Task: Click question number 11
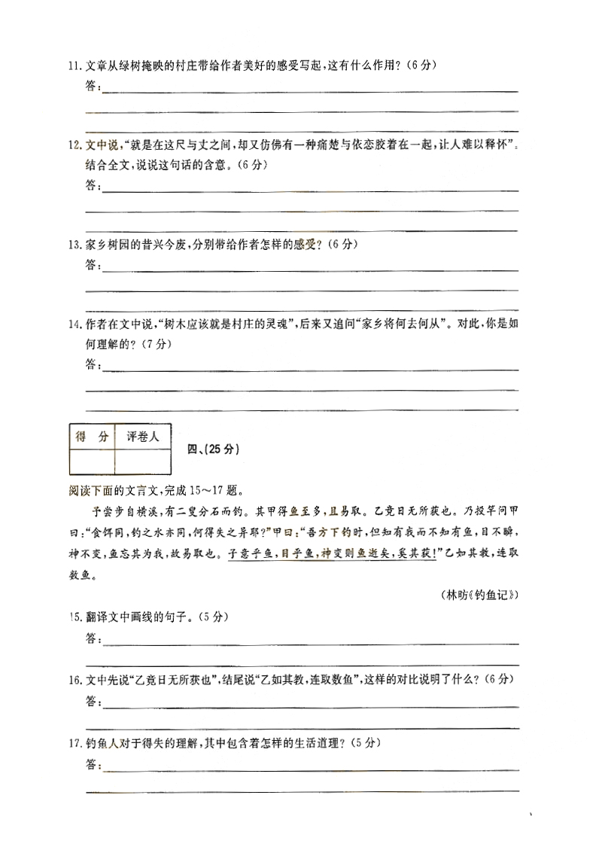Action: click(74, 66)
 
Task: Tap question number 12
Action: click(74, 145)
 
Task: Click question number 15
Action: click(74, 617)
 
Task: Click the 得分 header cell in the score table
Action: click(92, 437)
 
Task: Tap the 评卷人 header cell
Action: click(143, 437)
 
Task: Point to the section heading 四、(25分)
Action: click(212, 449)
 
